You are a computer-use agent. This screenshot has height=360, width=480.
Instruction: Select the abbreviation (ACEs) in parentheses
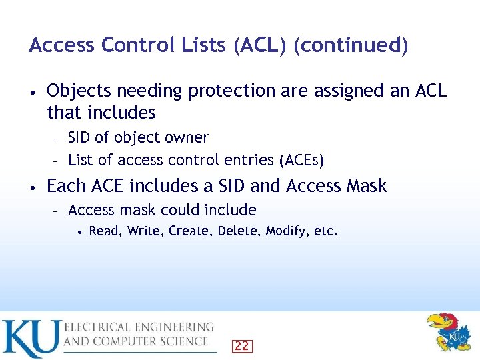click(302, 160)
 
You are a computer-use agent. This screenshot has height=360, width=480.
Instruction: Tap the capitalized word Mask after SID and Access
click(366, 186)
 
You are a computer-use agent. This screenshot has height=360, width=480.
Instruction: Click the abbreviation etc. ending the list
click(326, 232)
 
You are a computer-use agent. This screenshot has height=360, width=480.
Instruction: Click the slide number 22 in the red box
click(242, 345)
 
